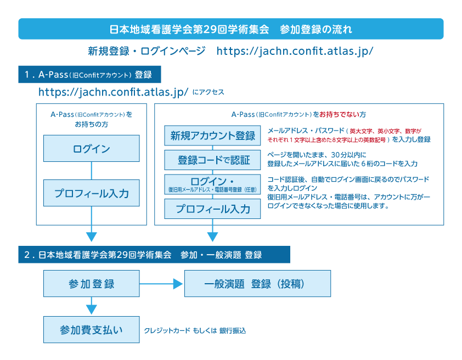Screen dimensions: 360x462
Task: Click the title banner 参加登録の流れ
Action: tap(230, 29)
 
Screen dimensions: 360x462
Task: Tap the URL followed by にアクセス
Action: tap(114, 92)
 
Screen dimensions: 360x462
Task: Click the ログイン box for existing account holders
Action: tap(91, 149)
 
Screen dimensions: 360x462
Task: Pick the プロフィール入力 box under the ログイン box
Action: tap(91, 193)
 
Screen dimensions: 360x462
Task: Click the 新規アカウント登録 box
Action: tap(213, 136)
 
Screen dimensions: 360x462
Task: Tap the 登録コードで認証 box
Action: tap(213, 160)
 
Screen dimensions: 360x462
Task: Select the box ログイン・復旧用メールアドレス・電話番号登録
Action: tap(213, 184)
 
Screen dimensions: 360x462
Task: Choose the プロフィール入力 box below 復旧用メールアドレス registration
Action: tap(213, 209)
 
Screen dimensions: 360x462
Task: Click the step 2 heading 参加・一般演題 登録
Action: tap(154, 255)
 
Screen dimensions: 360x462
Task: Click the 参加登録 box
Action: tap(91, 284)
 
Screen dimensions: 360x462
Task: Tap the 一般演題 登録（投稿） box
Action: tap(258, 284)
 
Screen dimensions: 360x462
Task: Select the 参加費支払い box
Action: tap(91, 329)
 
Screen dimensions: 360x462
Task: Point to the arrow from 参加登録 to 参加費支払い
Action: tap(91, 305)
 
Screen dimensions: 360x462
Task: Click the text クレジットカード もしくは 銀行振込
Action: tap(195, 331)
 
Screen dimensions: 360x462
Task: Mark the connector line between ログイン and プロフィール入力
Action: tap(91, 171)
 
